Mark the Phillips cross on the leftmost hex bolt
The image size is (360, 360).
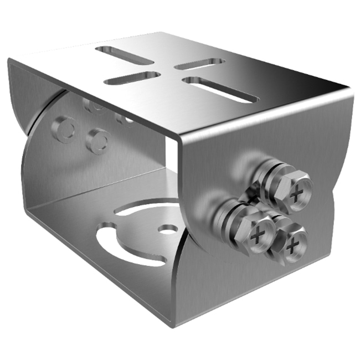click(x=258, y=235)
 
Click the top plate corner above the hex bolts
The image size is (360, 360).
click(x=350, y=89)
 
